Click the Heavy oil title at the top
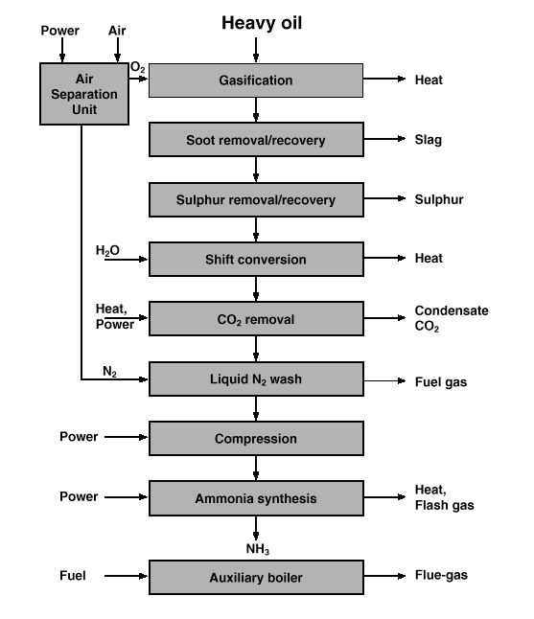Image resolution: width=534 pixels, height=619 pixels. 262,23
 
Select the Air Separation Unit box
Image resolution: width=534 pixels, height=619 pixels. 84,94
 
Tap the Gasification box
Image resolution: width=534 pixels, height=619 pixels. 256,80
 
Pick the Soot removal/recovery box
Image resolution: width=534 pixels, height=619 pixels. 256,140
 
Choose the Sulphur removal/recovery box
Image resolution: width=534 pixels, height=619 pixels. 256,199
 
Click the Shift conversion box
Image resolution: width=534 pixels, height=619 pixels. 256,260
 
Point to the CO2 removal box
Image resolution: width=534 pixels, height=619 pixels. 256,319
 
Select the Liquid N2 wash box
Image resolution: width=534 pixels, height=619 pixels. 256,379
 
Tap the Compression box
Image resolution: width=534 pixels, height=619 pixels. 256,439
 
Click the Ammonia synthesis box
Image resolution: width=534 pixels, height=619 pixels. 256,498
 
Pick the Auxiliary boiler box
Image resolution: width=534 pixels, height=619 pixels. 256,578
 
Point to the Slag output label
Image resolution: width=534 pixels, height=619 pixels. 429,140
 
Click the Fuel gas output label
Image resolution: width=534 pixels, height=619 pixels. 441,382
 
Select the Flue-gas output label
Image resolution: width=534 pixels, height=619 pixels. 441,575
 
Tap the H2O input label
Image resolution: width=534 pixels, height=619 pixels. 107,250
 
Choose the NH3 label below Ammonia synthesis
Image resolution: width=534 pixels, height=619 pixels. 258,549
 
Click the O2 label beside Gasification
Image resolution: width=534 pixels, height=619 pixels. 137,67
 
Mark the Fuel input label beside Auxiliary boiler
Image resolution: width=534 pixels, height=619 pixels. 72,576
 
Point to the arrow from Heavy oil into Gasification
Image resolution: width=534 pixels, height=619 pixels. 256,50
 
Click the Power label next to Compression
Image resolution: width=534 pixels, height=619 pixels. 79,437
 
